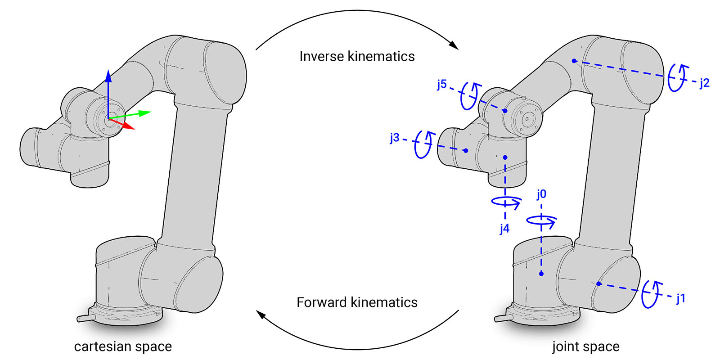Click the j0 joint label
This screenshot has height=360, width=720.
pyautogui.click(x=541, y=194)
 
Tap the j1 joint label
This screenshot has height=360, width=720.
pyautogui.click(x=680, y=298)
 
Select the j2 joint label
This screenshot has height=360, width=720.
pyautogui.click(x=704, y=83)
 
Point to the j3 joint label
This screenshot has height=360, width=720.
pyautogui.click(x=395, y=138)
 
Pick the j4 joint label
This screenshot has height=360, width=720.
pyautogui.click(x=504, y=229)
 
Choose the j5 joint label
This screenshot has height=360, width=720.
pyautogui.click(x=442, y=84)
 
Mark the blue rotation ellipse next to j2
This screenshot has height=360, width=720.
pyautogui.click(x=677, y=78)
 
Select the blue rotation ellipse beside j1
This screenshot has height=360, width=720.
pyautogui.click(x=651, y=294)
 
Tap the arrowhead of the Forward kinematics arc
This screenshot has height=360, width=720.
pyautogui.click(x=260, y=313)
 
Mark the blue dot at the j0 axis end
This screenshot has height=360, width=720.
pyautogui.click(x=541, y=274)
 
